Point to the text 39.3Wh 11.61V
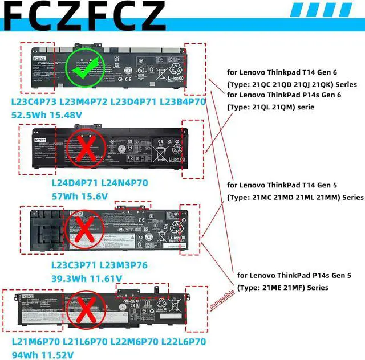86,279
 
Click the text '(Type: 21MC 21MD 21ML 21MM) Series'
295,197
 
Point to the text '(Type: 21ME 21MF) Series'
283,287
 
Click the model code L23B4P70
182,102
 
